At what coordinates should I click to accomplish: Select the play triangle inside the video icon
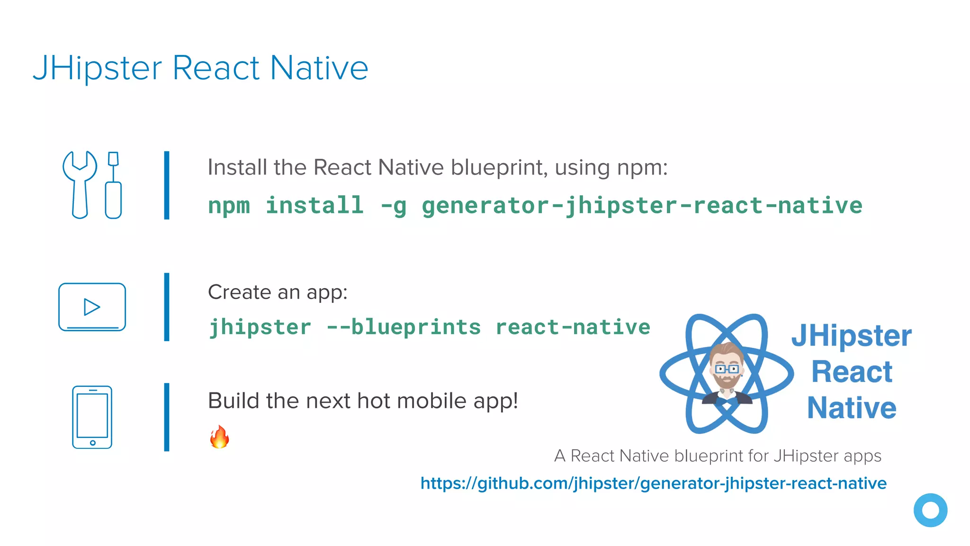coord(91,307)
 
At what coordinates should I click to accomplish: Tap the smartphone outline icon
coord(92,417)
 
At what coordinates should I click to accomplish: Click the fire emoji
coord(219,437)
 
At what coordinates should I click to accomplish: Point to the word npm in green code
coord(229,206)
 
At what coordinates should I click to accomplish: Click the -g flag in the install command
coord(393,206)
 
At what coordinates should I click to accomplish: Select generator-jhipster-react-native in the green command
coord(642,206)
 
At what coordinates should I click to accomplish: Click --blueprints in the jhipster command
coord(404,327)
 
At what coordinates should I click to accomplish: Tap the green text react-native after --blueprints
coord(573,327)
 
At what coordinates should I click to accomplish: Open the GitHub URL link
coord(653,483)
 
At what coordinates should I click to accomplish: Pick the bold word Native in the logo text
coord(852,408)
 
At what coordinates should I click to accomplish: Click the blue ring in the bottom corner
coord(930,510)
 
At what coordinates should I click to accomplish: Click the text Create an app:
coord(278,292)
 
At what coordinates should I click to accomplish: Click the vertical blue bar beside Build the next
coord(167,417)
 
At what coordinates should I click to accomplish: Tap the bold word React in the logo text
coord(852,372)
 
